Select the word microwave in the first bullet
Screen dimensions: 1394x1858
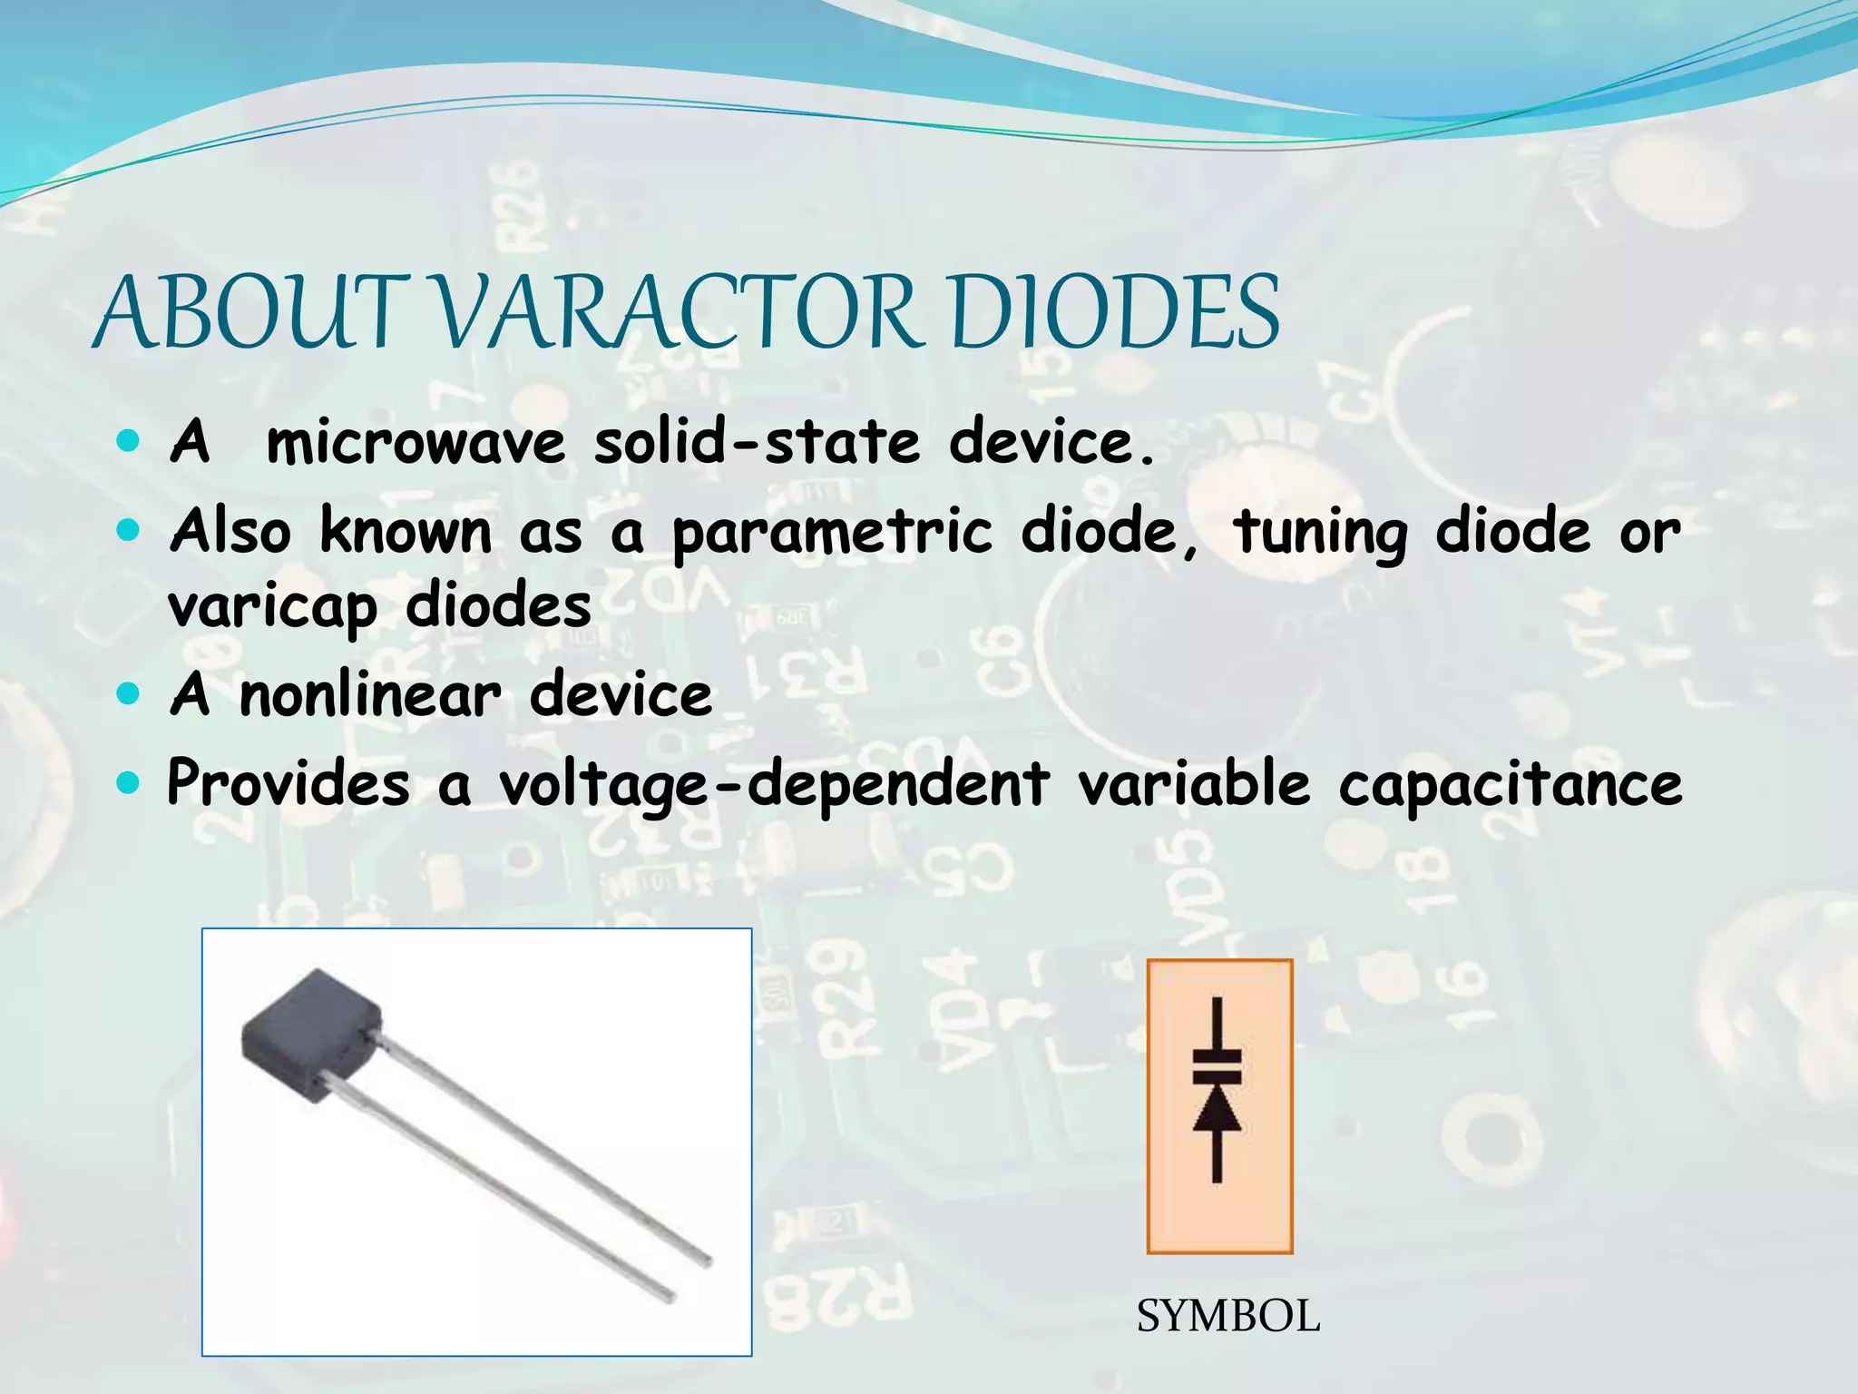(x=416, y=443)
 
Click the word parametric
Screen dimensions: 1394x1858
(x=832, y=533)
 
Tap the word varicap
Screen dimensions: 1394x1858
(x=272, y=607)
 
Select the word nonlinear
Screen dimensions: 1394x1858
(x=370, y=695)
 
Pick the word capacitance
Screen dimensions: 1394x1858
(x=1511, y=784)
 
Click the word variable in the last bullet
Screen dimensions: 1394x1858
(x=1194, y=782)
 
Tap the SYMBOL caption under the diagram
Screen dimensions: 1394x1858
(x=1228, y=1316)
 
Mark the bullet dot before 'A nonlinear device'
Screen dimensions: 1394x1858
(x=129, y=694)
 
